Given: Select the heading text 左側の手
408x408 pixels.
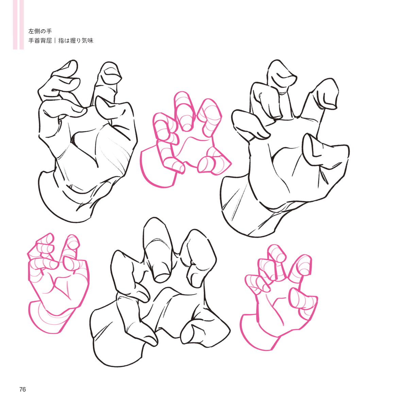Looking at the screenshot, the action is pyautogui.click(x=40, y=31).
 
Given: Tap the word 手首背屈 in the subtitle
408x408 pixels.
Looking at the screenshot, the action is pyautogui.click(x=40, y=41).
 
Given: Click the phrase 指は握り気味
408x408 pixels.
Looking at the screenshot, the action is pyautogui.click(x=75, y=41).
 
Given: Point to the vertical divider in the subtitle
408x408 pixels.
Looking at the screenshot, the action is pyautogui.click(x=55, y=41).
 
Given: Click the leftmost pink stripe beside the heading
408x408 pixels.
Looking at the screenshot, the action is pyautogui.click(x=15, y=24).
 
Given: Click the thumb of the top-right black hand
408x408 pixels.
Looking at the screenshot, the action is pyautogui.click(x=318, y=152).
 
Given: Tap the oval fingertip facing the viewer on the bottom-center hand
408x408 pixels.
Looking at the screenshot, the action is pyautogui.click(x=162, y=277).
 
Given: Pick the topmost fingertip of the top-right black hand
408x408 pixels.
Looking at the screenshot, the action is pyautogui.click(x=282, y=74).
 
